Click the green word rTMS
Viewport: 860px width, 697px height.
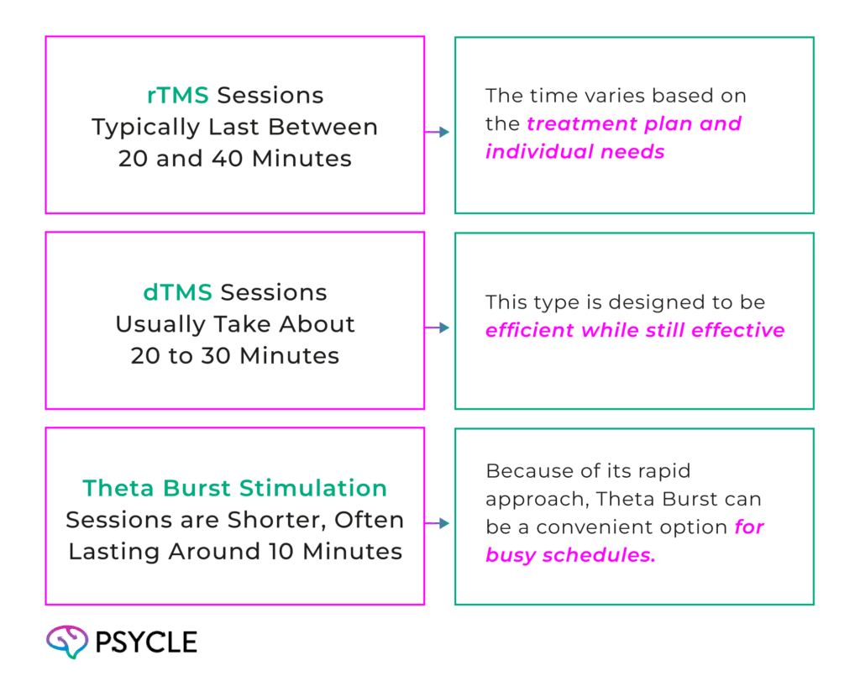[x=178, y=96]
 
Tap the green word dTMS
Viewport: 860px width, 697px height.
[x=176, y=293]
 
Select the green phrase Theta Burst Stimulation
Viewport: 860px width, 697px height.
[x=234, y=489]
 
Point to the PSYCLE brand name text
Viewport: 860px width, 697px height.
[x=146, y=643]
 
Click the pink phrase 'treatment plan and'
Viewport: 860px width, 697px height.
[x=634, y=125]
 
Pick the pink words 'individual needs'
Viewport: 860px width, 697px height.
[x=575, y=153]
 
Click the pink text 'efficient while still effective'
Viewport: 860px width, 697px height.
[x=635, y=330]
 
